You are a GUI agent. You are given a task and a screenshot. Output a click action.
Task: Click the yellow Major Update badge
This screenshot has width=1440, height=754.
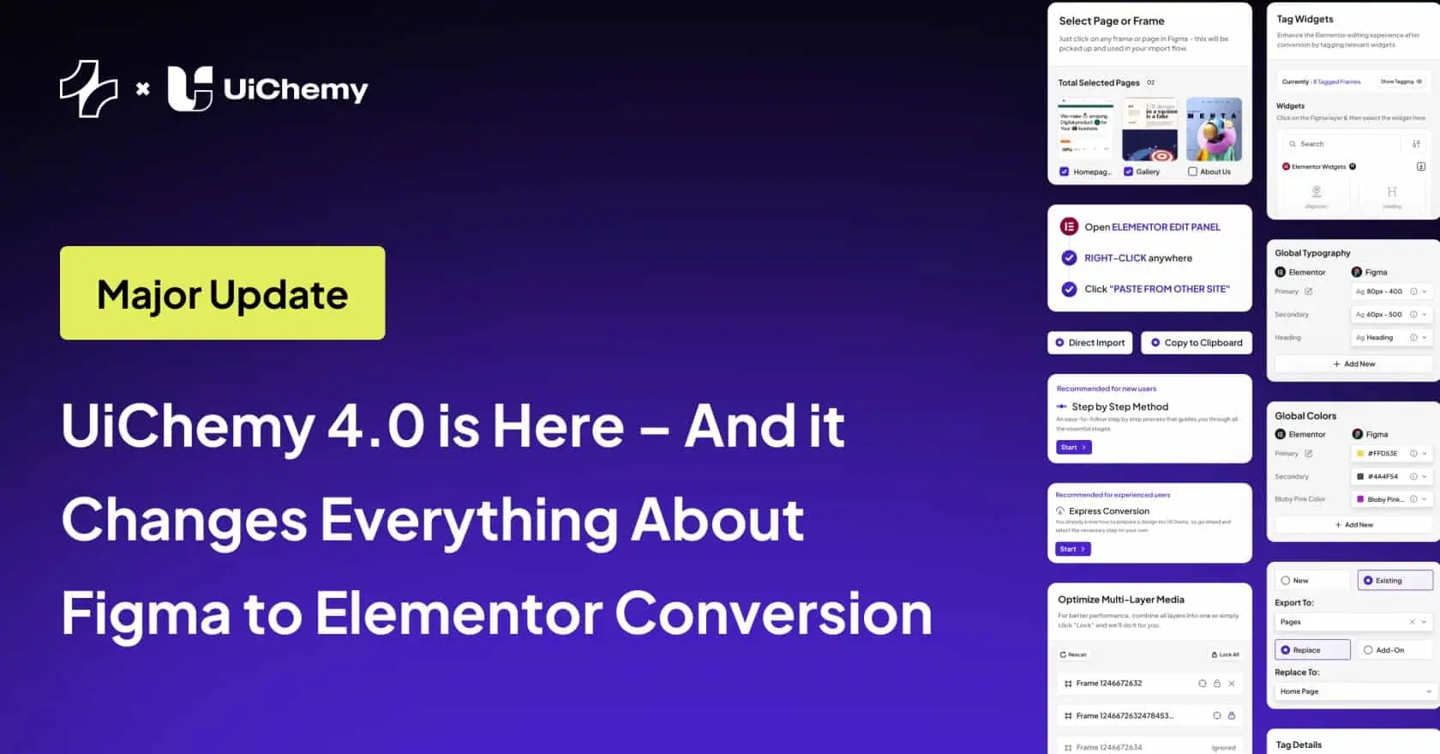[x=222, y=293]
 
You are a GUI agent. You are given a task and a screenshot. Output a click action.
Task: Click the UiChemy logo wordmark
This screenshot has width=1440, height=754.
[x=295, y=89]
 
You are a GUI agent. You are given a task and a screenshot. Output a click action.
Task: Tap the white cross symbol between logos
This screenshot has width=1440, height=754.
[x=143, y=88]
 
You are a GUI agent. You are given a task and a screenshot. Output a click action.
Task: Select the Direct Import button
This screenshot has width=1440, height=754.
[x=1089, y=343]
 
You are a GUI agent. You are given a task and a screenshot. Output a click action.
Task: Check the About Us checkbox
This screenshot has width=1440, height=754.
[x=1192, y=172]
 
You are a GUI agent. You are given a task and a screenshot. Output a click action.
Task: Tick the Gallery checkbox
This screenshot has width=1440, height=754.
[x=1128, y=172]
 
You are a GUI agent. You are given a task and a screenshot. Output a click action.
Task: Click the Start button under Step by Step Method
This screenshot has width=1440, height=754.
[x=1073, y=448]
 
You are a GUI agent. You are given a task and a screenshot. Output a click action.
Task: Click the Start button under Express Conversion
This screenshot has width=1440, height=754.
[x=1072, y=549]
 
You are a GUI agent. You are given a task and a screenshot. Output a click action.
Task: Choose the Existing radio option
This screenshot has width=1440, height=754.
[x=1394, y=581]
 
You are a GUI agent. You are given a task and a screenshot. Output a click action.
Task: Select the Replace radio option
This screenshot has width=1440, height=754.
[x=1311, y=650]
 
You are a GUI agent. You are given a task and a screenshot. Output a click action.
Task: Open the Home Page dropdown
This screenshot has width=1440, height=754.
[x=1352, y=691]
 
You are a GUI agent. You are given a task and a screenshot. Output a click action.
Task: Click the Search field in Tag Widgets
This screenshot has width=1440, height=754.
[x=1342, y=144]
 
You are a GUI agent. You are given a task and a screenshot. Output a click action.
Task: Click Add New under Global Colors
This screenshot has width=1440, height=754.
[x=1353, y=525]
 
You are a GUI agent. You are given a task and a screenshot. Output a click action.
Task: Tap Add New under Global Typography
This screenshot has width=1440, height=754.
[x=1353, y=365]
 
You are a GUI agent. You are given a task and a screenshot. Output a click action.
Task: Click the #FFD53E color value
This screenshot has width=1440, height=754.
[x=1381, y=454]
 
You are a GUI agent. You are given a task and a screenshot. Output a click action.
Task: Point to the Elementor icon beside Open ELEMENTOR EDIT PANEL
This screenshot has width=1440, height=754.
[x=1069, y=227]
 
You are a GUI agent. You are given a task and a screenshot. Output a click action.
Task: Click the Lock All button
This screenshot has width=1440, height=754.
[x=1225, y=654]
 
